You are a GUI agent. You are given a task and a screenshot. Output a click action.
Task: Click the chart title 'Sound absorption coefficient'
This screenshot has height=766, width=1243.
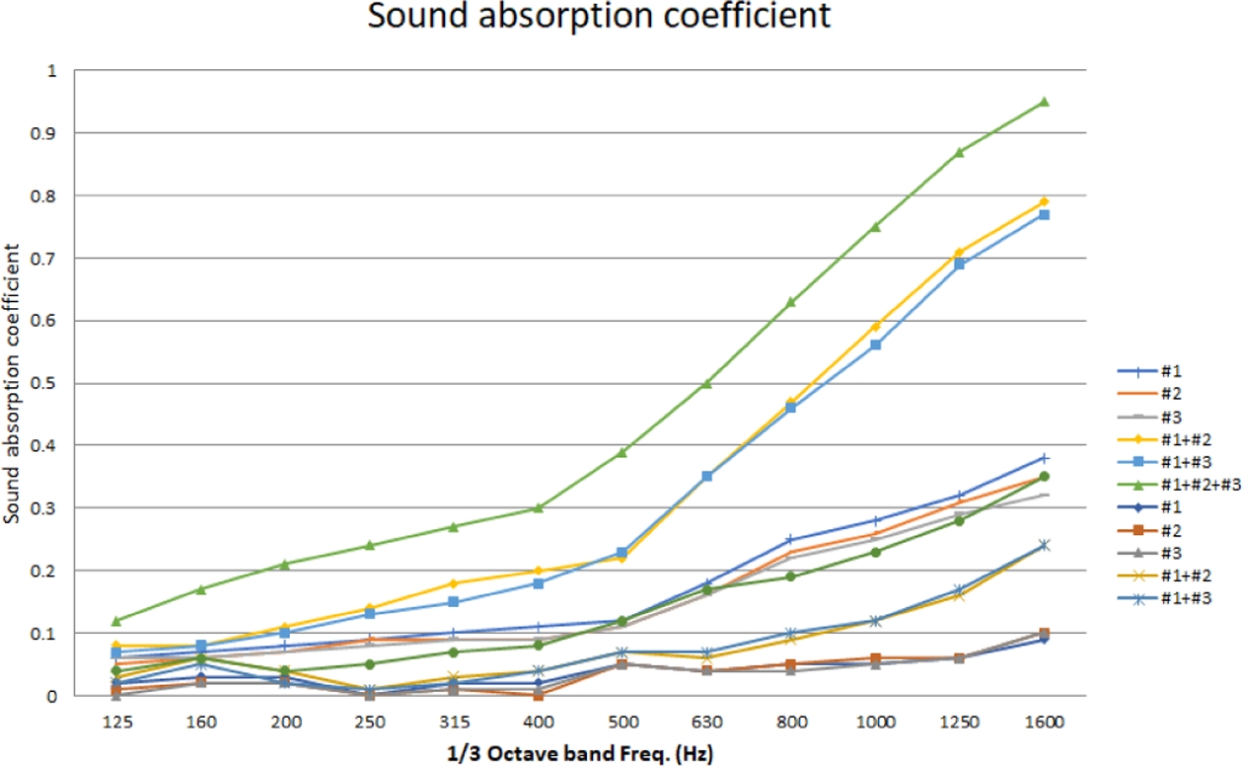[599, 18]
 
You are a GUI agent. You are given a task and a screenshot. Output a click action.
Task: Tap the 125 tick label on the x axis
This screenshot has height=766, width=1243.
[116, 722]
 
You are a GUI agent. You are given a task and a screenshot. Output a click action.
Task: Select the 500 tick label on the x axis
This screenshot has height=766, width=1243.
[622, 722]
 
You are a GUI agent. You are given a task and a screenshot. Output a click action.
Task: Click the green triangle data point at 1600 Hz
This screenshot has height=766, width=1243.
[1044, 102]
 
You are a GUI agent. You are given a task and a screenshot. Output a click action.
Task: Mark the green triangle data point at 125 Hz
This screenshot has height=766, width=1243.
[116, 621]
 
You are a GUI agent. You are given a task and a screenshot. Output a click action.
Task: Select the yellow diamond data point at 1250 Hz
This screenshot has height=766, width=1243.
[960, 253]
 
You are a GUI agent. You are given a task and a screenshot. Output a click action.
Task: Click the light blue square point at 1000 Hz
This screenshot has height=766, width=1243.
[875, 345]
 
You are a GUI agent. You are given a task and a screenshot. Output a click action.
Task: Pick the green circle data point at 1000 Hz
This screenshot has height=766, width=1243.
[875, 552]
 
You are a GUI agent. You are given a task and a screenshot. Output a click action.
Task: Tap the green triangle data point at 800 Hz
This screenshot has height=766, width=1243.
[791, 302]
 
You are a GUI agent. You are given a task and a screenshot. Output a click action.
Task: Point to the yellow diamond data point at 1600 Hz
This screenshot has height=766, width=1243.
[1044, 202]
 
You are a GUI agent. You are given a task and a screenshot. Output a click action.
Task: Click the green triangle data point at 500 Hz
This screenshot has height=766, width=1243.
[622, 452]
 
